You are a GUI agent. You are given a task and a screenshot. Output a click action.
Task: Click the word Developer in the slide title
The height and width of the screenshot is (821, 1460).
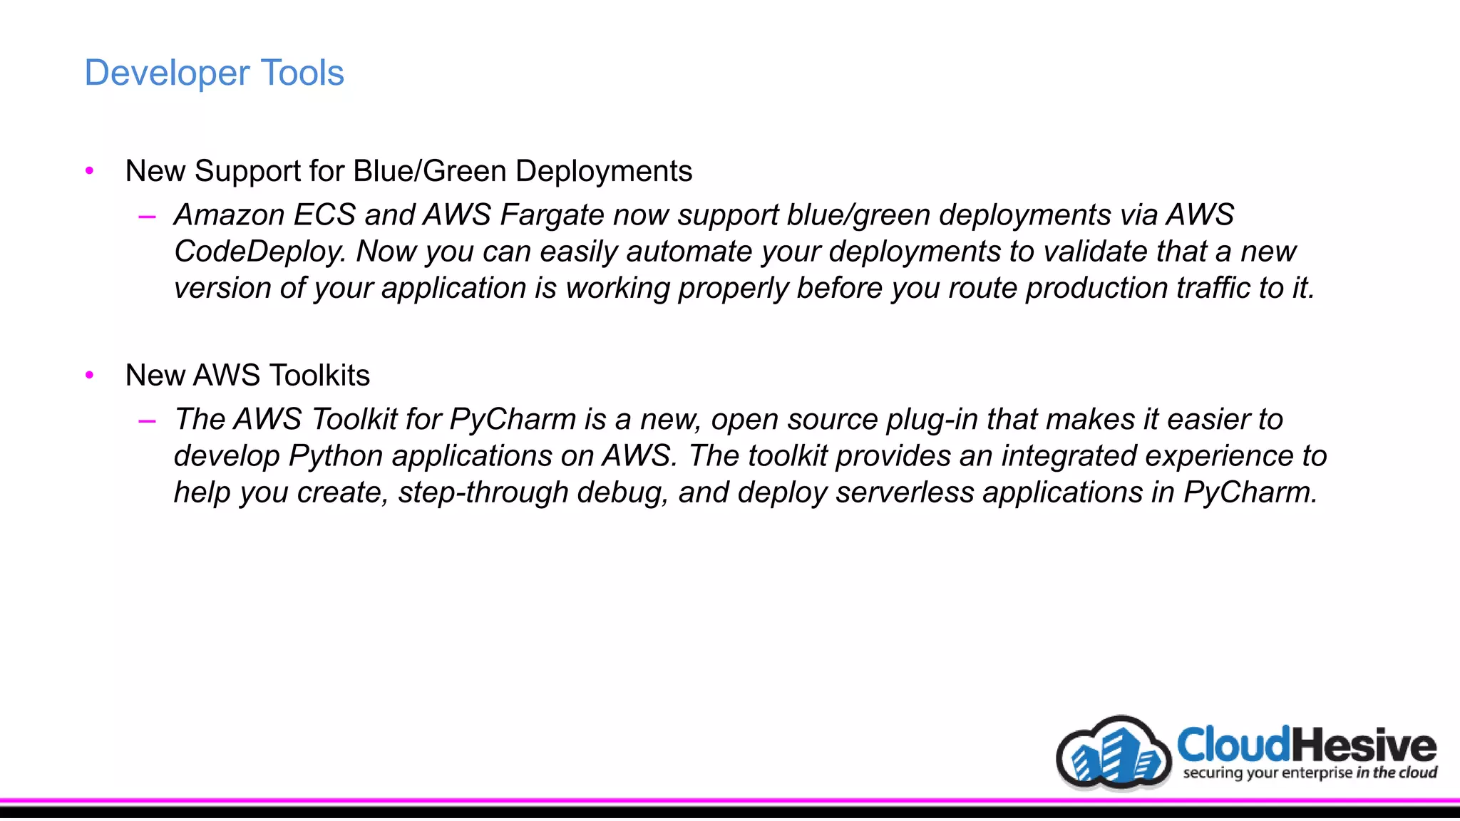[167, 73]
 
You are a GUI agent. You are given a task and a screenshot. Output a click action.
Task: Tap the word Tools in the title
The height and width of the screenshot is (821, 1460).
[302, 73]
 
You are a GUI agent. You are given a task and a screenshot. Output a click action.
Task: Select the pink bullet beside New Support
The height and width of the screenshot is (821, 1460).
[89, 170]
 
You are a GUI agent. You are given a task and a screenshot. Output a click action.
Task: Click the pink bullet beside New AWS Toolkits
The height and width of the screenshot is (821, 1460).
[89, 375]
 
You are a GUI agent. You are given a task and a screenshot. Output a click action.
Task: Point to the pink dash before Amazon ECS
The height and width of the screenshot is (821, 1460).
[147, 216]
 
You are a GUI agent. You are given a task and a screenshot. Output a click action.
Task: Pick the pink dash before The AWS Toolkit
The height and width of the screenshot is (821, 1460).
[147, 420]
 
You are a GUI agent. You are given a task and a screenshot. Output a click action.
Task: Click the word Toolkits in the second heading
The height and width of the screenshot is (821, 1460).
[319, 376]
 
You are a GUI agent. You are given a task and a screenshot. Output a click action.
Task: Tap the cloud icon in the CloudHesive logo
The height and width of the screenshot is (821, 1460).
[1114, 754]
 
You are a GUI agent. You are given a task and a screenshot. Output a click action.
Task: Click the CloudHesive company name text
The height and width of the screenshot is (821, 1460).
[1306, 745]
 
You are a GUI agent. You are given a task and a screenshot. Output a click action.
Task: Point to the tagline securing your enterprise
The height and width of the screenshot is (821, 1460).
[1268, 773]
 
